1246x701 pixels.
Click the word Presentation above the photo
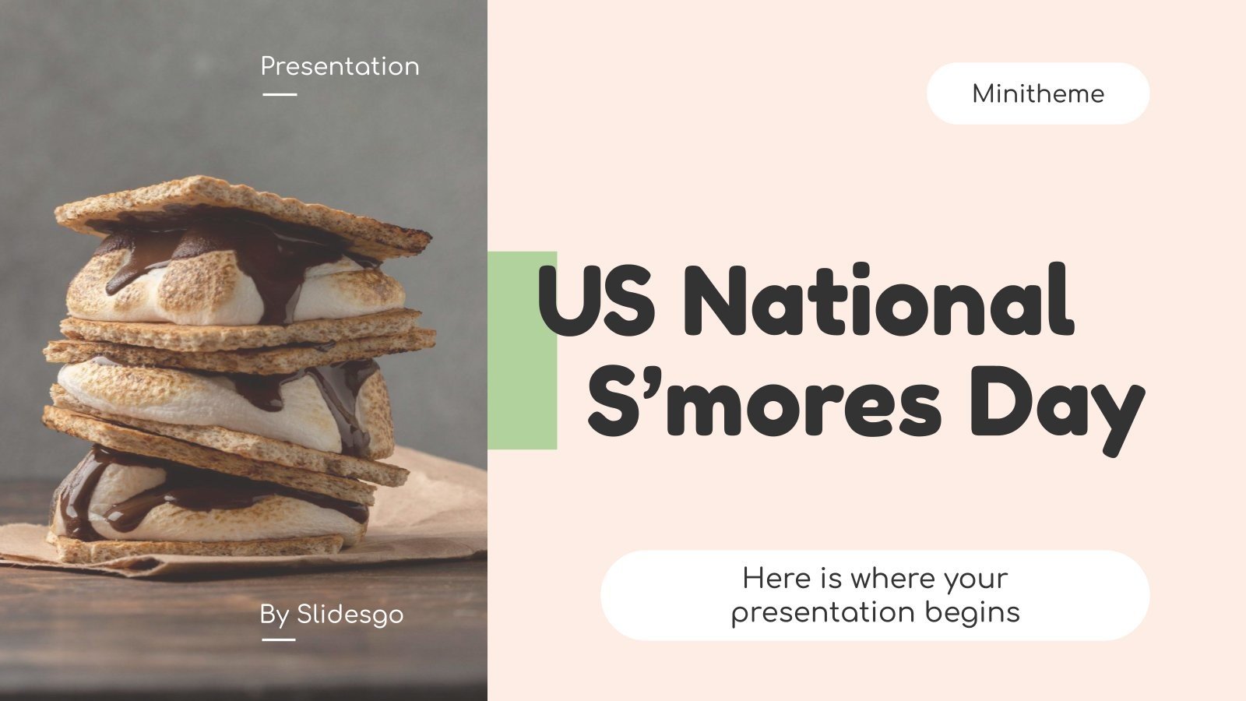340,67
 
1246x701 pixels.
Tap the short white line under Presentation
280,94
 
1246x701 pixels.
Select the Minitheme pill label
1038,94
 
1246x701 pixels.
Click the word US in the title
597,300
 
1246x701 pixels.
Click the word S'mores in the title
764,405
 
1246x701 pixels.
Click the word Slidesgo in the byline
350,615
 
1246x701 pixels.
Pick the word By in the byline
274,615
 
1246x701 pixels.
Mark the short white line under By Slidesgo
279,639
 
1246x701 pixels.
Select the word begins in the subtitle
973,612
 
